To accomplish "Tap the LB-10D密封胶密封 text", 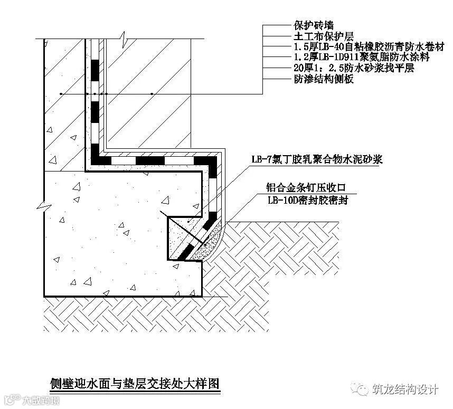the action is tap(308, 201).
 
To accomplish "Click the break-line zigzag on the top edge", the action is tap(123, 39).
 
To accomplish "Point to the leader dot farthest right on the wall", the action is tap(152, 94).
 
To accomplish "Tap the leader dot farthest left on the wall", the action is tap(62, 94).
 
